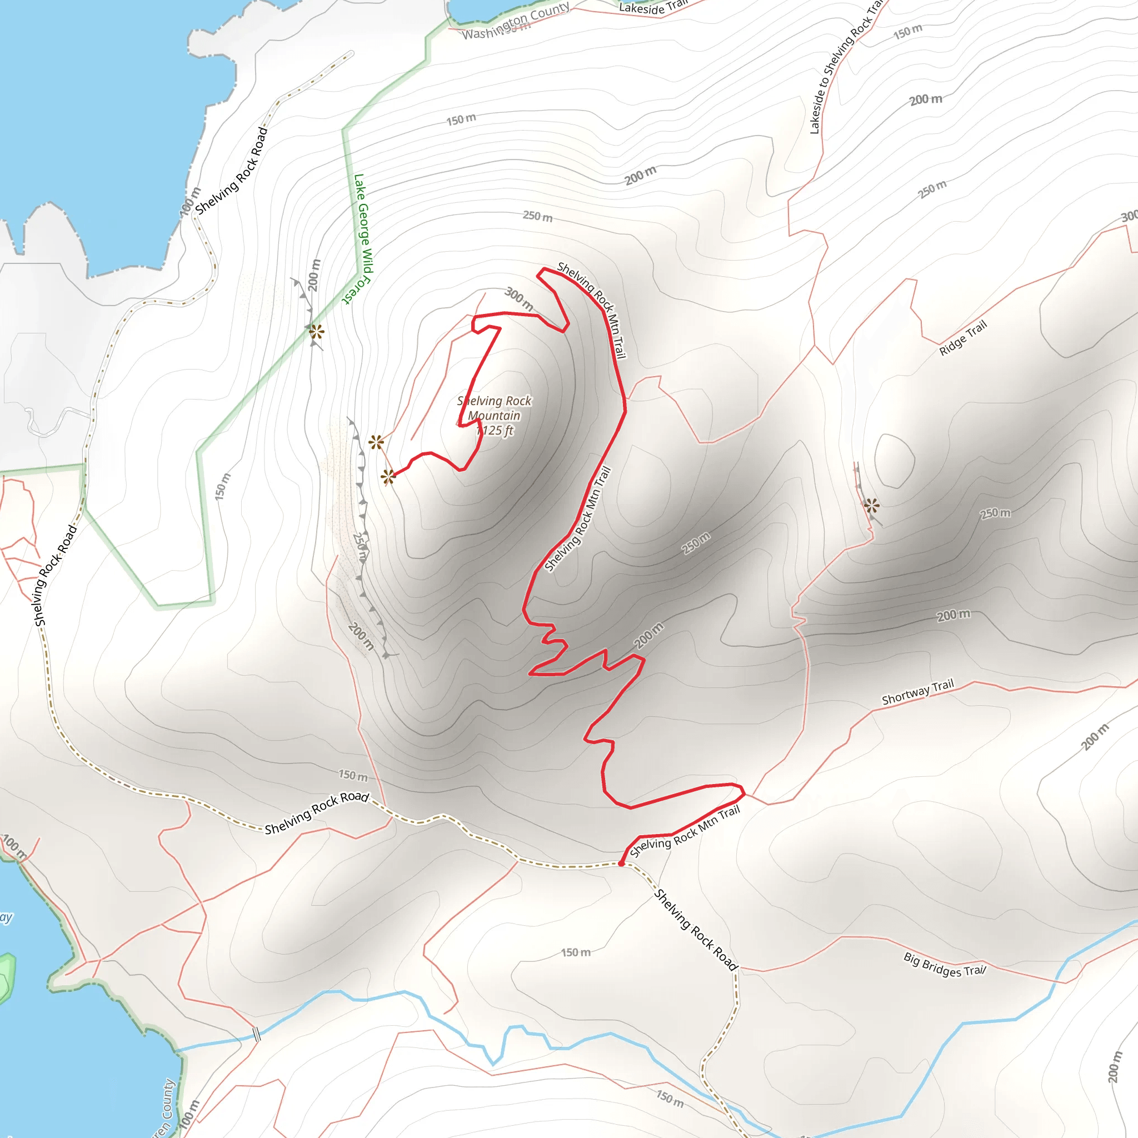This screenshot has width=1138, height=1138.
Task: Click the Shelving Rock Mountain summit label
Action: click(494, 408)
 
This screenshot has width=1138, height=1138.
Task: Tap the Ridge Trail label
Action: click(962, 338)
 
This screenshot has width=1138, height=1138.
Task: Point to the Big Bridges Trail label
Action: click(945, 964)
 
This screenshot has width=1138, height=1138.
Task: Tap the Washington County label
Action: click(516, 21)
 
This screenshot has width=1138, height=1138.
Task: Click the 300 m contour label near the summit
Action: click(520, 298)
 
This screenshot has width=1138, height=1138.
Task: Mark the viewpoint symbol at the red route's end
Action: click(388, 477)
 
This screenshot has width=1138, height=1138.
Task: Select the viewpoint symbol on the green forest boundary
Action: click(317, 332)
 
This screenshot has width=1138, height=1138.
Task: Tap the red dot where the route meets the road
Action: click(621, 864)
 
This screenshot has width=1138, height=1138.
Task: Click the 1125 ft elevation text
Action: click(495, 431)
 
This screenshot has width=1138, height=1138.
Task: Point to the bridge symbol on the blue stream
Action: click(256, 1034)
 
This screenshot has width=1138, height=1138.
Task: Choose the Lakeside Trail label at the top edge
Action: click(653, 7)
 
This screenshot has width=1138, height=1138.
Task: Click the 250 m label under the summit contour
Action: click(537, 216)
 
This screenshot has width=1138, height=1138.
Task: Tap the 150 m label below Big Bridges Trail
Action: click(670, 1098)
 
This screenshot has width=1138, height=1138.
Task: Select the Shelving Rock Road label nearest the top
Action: click(231, 171)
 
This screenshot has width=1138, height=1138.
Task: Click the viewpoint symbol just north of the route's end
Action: click(376, 442)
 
